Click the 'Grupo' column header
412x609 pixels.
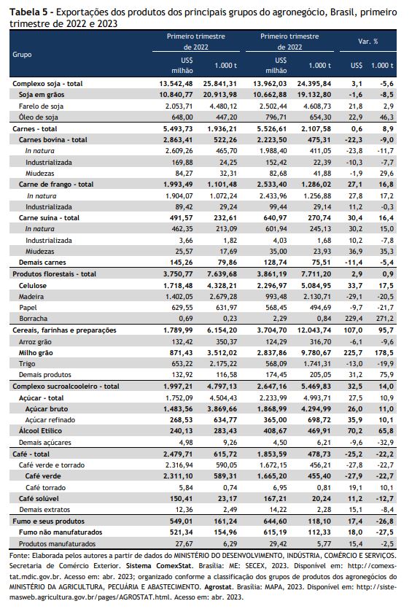pyautogui.click(x=22, y=55)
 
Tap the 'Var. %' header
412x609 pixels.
pyautogui.click(x=368, y=41)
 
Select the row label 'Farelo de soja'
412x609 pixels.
pyautogui.click(x=41, y=106)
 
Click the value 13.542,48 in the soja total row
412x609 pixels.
pyautogui.click(x=176, y=83)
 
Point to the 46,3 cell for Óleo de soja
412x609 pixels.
pyautogui.click(x=386, y=117)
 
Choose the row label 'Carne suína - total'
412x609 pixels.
pyautogui.click(x=49, y=218)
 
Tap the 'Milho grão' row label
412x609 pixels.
pyautogui.click(x=36, y=353)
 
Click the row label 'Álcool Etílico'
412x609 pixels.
pyautogui.click(x=40, y=431)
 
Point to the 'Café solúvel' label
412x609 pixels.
pyautogui.click(x=39, y=498)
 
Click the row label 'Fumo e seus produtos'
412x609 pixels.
pyautogui.click(x=48, y=521)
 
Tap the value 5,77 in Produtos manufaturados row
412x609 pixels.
pyautogui.click(x=324, y=544)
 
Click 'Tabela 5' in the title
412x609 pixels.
pyautogui.click(x=26, y=12)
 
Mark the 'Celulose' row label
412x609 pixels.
pyautogui.click(x=33, y=285)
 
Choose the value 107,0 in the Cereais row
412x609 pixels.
pyautogui.click(x=353, y=330)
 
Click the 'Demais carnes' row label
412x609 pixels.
pyautogui.click(x=42, y=262)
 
